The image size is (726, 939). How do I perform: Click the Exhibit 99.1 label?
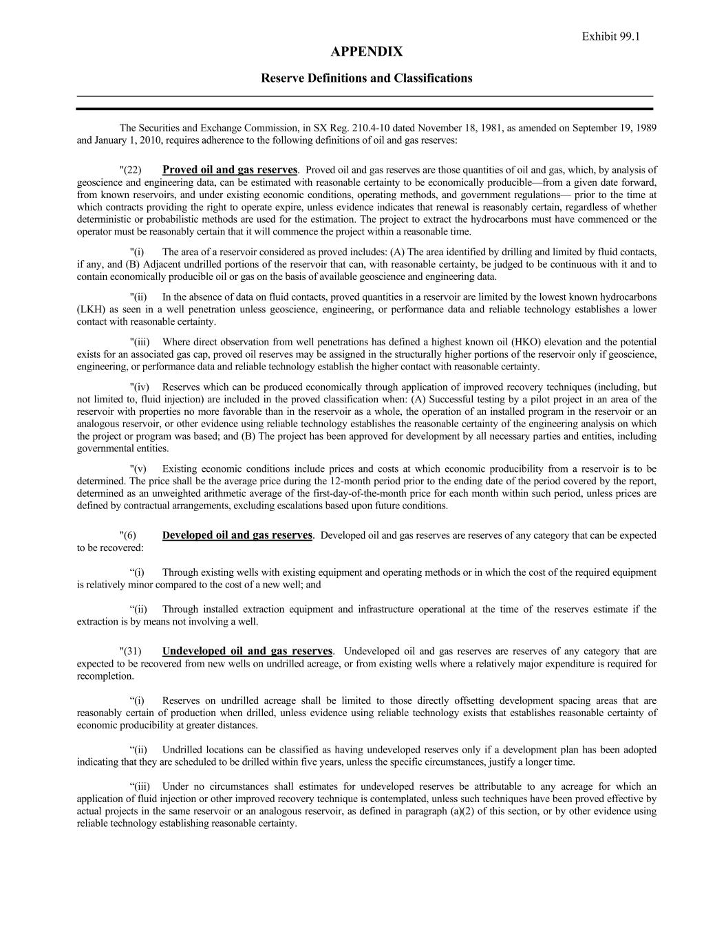click(610, 36)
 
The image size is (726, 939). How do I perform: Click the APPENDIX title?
click(366, 52)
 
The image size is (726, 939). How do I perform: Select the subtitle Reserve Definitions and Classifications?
click(366, 78)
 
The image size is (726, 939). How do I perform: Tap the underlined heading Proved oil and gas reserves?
click(230, 170)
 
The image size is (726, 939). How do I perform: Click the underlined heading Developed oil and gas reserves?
click(237, 535)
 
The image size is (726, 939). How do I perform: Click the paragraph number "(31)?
click(131, 651)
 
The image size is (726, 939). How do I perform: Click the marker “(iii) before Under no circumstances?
click(140, 786)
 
